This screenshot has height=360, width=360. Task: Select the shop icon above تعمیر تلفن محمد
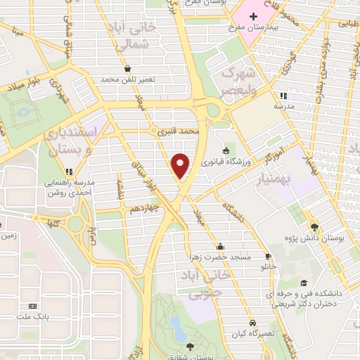pyautogui.click(x=127, y=69)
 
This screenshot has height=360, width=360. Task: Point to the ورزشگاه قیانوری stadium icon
pyautogui.click(x=226, y=150)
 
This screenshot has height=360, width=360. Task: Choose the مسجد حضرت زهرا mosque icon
pyautogui.click(x=220, y=246)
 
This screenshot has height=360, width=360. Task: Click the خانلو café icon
pyautogui.click(x=268, y=256)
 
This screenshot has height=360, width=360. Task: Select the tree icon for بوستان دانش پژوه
pyautogui.click(x=314, y=226)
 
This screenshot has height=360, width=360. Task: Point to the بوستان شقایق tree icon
pyautogui.click(x=189, y=345)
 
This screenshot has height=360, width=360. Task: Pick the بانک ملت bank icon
pyautogui.click(x=32, y=307)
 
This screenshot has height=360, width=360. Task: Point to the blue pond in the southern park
pyautogui.click(x=176, y=327)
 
